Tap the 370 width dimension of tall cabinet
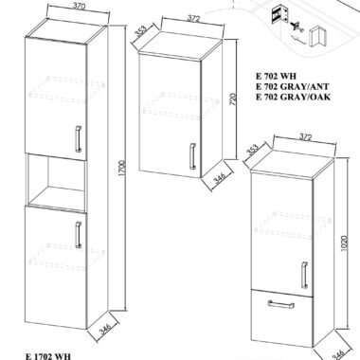click(79, 8)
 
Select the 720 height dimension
click(233, 100)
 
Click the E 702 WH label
click(277, 76)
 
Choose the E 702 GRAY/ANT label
click(293, 86)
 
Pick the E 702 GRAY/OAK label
click(294, 97)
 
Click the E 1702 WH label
click(48, 356)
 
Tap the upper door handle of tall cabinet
click(78, 139)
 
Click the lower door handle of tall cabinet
click(78, 235)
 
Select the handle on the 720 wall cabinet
click(192, 156)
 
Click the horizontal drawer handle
click(280, 304)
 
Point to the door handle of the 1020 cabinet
click(304, 275)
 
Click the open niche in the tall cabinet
click(56, 179)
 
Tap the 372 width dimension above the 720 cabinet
click(194, 19)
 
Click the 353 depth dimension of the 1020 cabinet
click(253, 151)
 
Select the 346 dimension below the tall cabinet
click(104, 329)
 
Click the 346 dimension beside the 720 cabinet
click(219, 178)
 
